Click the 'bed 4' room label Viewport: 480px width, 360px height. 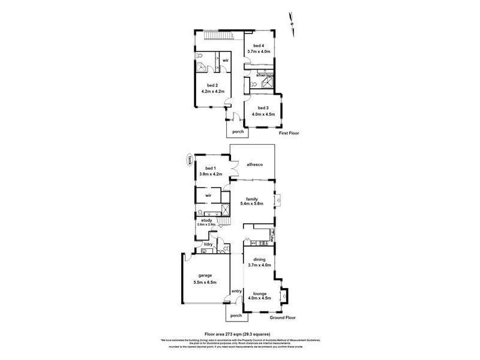point(259,46)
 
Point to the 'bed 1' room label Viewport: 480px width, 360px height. point(209,169)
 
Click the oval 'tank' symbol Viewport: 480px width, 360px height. point(189,160)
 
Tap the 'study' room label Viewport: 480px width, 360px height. point(206,220)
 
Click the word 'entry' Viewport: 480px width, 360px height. point(236,292)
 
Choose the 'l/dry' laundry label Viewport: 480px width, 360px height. point(208,244)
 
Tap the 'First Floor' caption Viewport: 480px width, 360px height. point(290,134)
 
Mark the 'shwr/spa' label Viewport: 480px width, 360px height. point(265,76)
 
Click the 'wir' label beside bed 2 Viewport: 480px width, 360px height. point(226,61)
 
